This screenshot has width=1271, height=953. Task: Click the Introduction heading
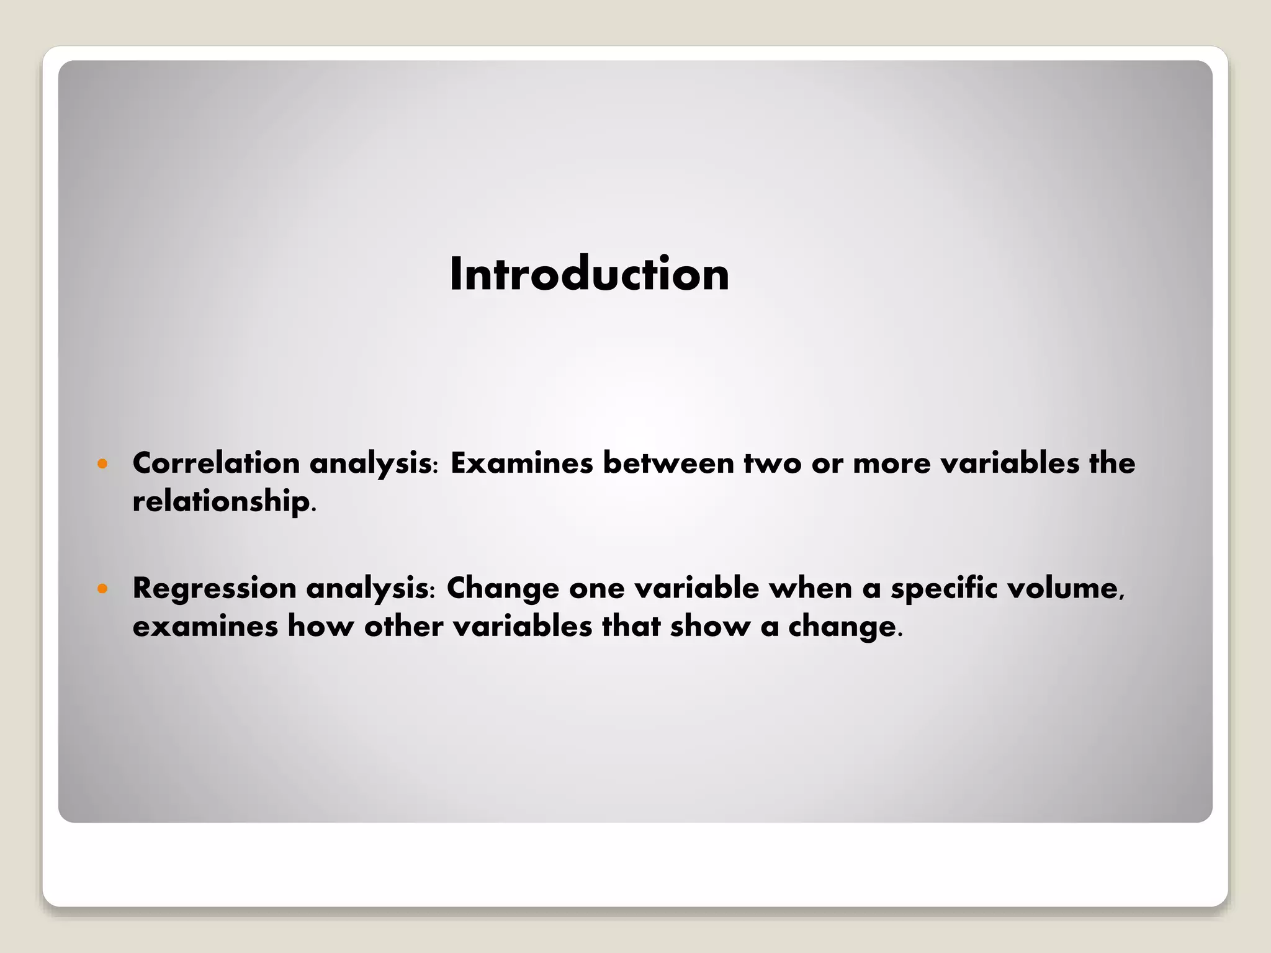(589, 274)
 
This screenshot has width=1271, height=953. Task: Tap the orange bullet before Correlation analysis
(103, 463)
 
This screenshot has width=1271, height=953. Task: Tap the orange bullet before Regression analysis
(103, 588)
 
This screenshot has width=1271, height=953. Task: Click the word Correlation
(216, 463)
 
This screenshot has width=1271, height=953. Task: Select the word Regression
(214, 588)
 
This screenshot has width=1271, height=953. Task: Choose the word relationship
(221, 501)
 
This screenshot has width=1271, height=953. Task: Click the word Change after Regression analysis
(502, 588)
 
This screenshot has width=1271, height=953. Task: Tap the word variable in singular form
(696, 588)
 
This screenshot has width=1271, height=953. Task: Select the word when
(811, 588)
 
